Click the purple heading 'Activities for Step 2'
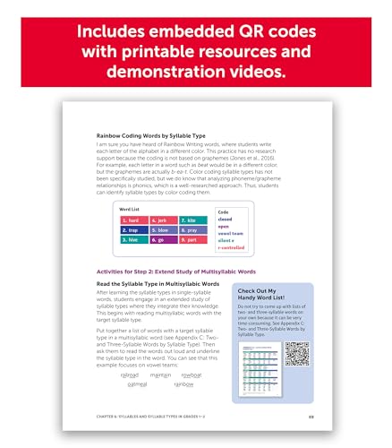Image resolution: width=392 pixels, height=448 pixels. click(169, 270)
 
